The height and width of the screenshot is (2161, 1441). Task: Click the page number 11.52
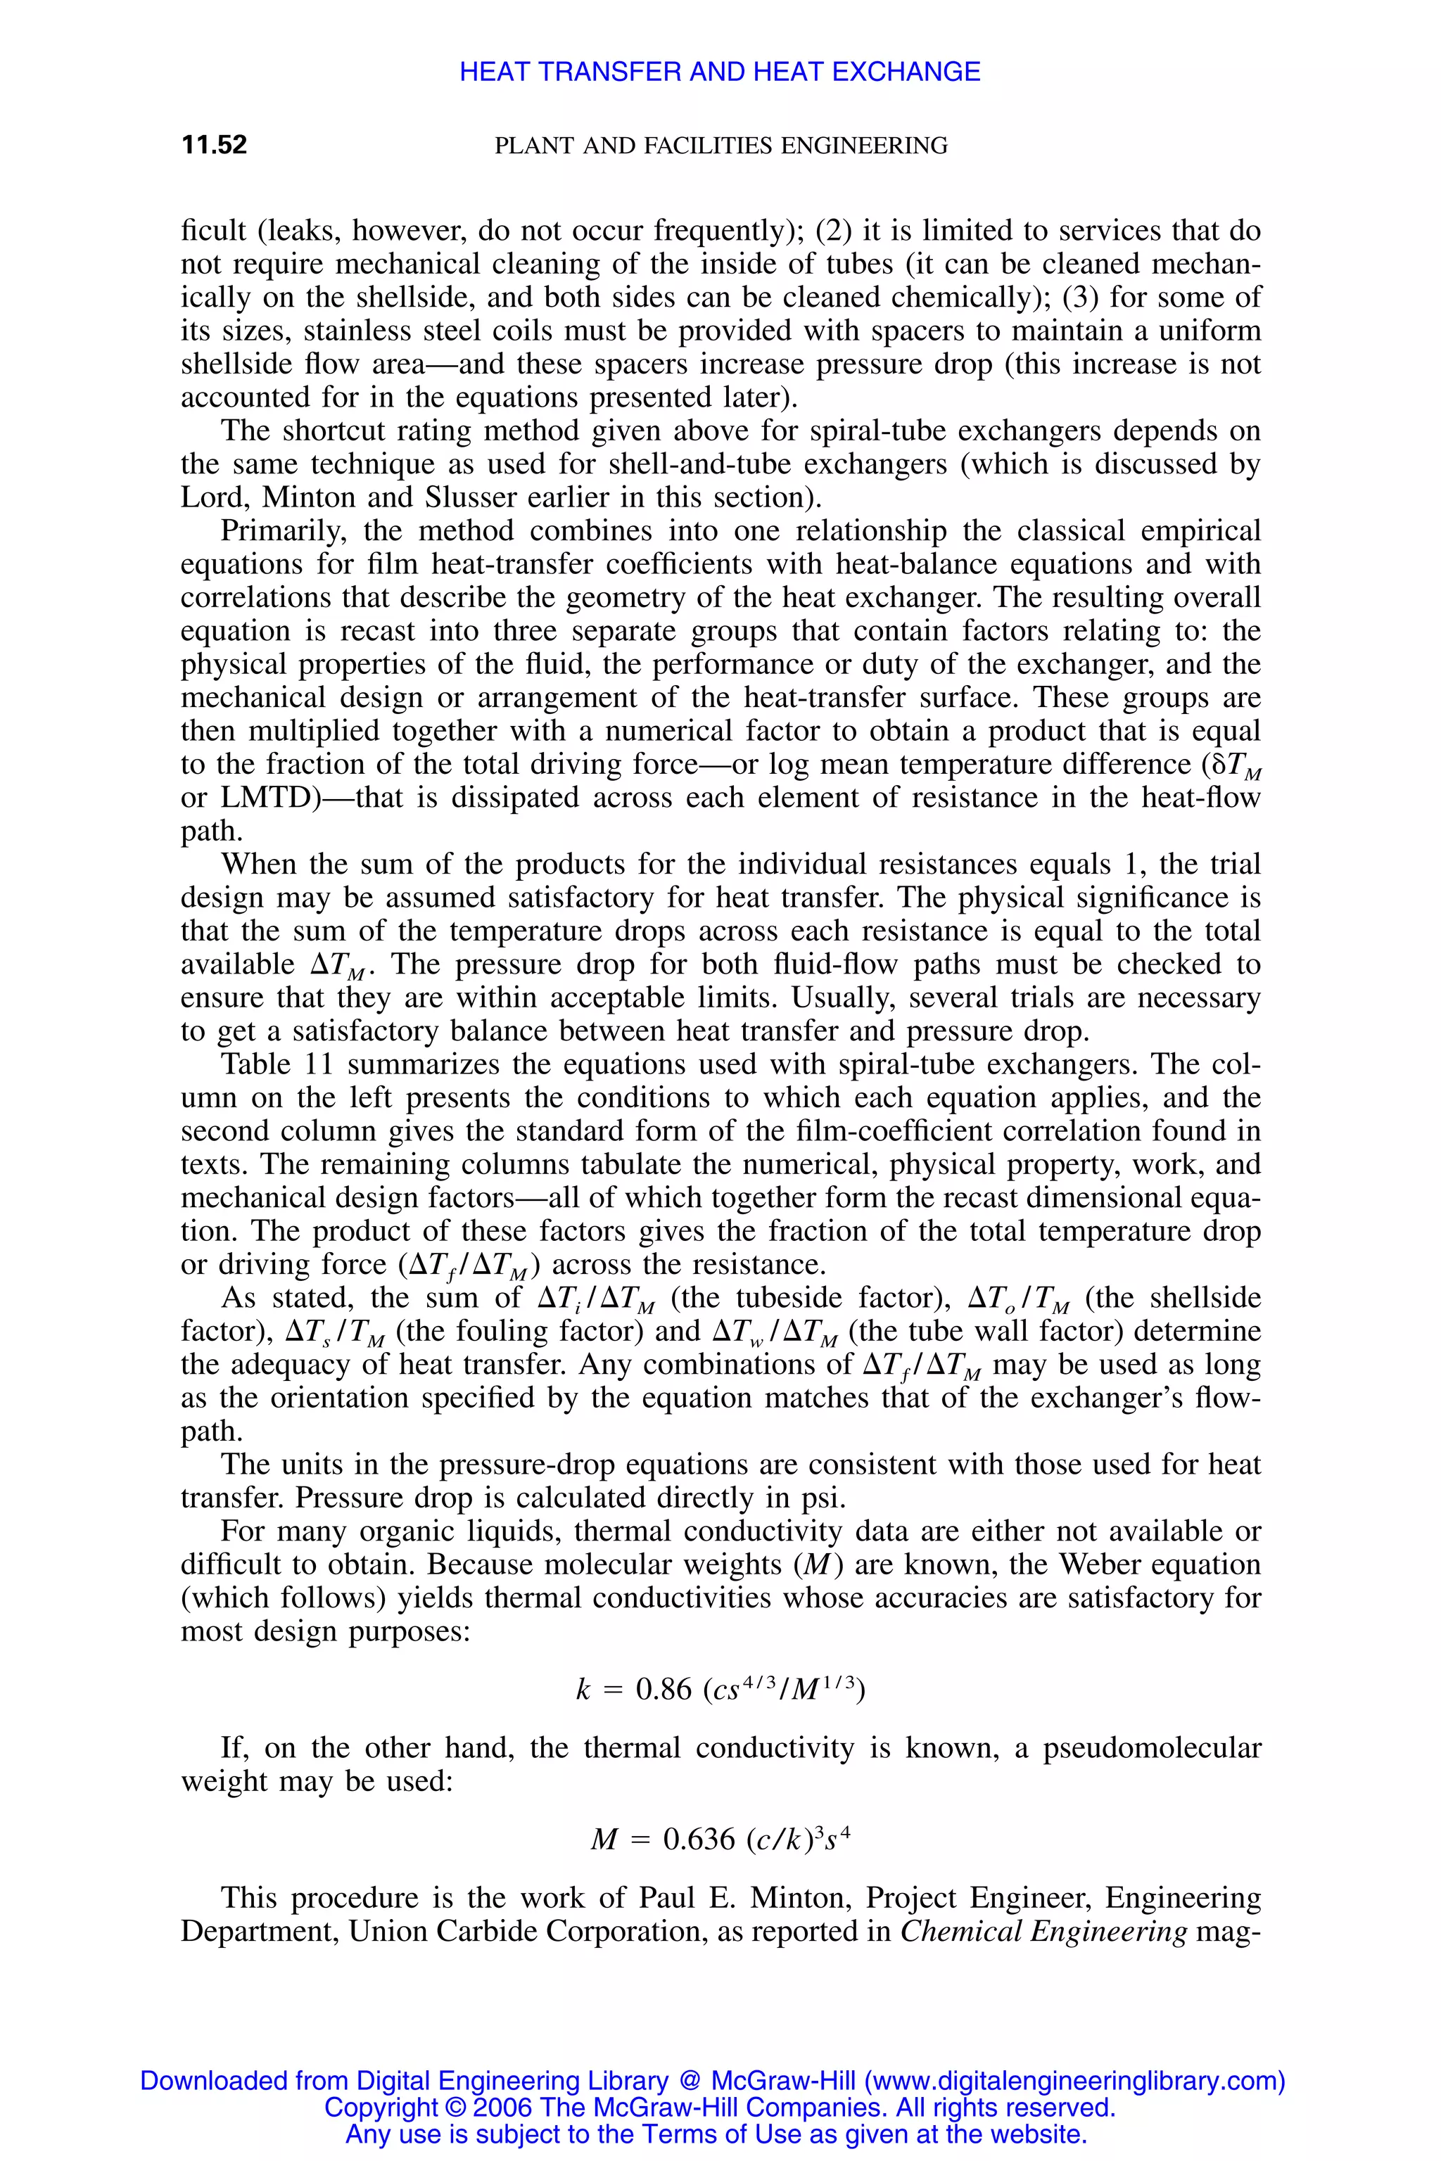(x=214, y=145)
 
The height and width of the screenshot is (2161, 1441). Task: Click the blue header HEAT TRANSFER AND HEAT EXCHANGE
(x=720, y=72)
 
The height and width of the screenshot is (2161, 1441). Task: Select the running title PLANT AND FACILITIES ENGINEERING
(x=720, y=145)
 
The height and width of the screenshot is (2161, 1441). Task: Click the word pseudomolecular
(x=1152, y=1747)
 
